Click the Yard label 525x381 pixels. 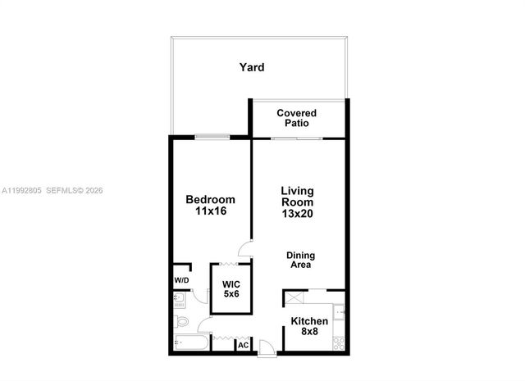click(x=252, y=67)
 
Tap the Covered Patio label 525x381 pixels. click(x=297, y=118)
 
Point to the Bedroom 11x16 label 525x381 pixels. click(x=210, y=206)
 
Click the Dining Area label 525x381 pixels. click(x=300, y=260)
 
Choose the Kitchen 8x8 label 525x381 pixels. click(x=310, y=327)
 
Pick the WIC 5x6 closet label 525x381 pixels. click(x=231, y=288)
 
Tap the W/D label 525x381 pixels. click(x=181, y=281)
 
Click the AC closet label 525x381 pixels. click(x=243, y=345)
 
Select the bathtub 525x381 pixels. click(x=191, y=343)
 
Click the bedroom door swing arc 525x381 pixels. click(x=244, y=249)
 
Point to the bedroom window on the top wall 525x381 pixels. click(x=212, y=137)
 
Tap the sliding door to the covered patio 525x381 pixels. click(x=296, y=138)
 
